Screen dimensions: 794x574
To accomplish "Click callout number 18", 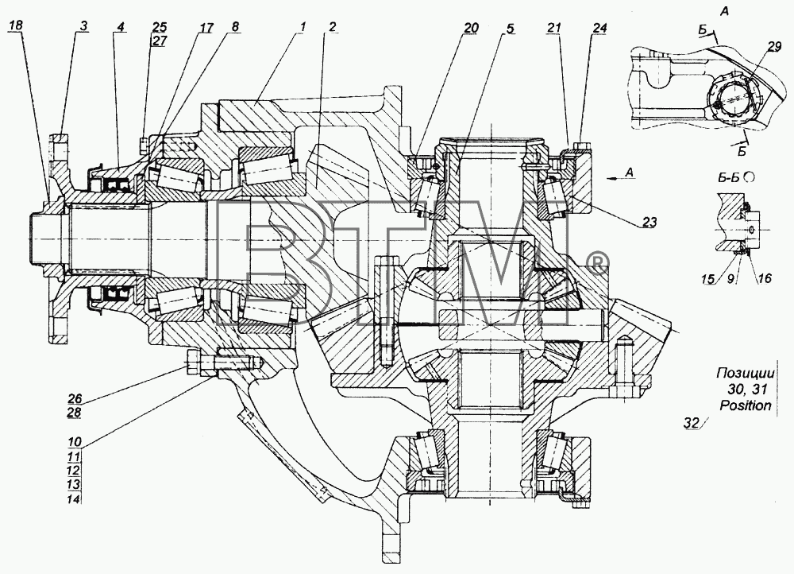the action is coord(15,25).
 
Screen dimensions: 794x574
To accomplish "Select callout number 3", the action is coord(83,25).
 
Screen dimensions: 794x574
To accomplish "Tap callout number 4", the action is coord(120,26).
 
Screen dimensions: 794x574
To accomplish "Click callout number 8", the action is coord(236,27).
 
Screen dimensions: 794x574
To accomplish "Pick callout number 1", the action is coord(301,27).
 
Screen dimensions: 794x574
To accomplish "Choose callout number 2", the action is coord(332,27).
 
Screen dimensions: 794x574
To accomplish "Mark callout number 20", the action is coord(471,28).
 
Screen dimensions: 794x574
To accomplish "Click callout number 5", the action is coord(509,29).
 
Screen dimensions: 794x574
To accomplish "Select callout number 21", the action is coord(553,28).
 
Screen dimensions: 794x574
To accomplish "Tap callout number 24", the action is coord(599,28).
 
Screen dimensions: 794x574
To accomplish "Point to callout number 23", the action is coord(649,222).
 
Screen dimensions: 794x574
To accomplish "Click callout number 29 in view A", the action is coord(773,47).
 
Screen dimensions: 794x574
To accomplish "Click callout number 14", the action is coord(74,499).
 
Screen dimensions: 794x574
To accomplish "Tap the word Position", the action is coord(746,405).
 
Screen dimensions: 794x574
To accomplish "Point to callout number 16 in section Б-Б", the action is coord(765,278).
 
